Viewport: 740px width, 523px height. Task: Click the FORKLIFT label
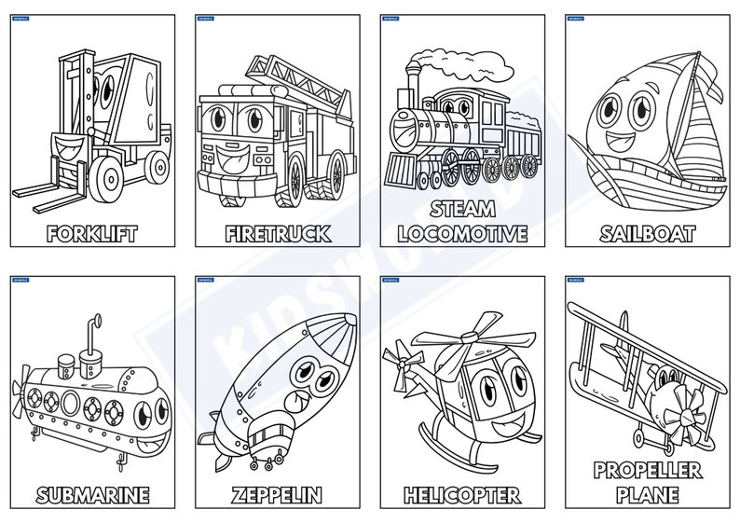point(91,233)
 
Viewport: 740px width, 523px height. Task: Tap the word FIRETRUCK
point(277,233)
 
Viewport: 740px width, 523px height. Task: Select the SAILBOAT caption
point(648,233)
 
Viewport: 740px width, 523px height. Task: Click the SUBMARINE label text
point(92,495)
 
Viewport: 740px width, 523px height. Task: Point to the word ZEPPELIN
point(277,495)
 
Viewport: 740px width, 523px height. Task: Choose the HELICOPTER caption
point(462,495)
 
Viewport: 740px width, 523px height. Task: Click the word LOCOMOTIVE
point(462,233)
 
